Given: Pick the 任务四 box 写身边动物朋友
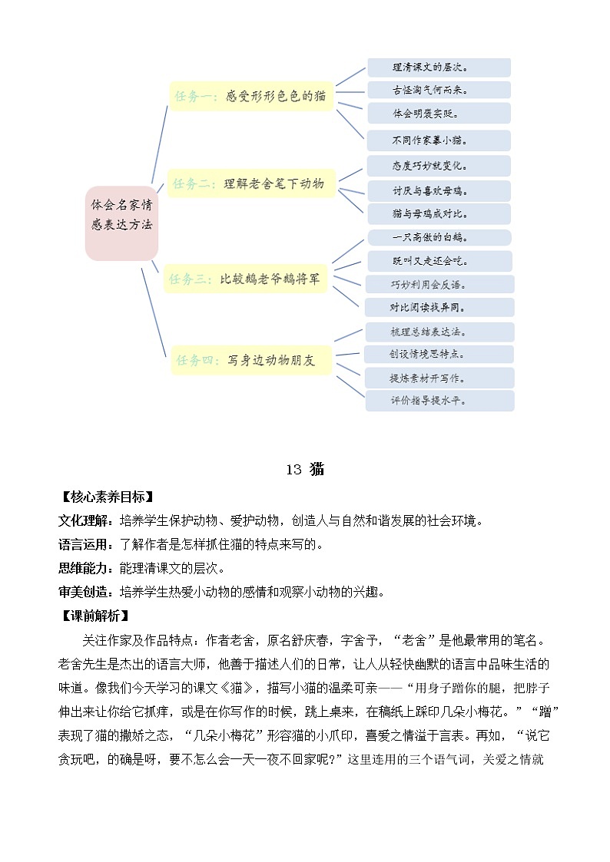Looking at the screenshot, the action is [x=252, y=358].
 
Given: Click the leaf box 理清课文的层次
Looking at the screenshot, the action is [x=439, y=68].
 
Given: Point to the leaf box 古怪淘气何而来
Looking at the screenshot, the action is [x=439, y=90].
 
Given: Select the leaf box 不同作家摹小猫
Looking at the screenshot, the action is [x=439, y=140].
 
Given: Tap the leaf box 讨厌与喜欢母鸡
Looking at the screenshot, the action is [x=439, y=190].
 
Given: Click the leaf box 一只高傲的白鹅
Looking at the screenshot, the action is [x=439, y=238].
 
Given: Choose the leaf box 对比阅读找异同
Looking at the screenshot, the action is [x=439, y=307].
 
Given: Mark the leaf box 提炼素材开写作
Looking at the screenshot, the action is [x=439, y=378].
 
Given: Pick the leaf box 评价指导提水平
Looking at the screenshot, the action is [x=439, y=401].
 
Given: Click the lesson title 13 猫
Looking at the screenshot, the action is [x=304, y=470].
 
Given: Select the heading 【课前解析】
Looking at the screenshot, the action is [x=97, y=616].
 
